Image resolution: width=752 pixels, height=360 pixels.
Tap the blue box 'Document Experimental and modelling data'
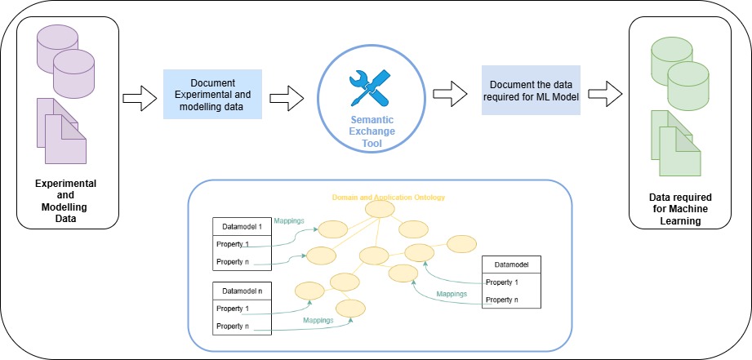[x=212, y=94]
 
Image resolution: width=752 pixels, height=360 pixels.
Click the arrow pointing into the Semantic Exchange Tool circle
[x=287, y=99]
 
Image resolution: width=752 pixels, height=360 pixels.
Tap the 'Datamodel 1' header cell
[x=237, y=225]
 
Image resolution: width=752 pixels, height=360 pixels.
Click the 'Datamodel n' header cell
[x=237, y=290]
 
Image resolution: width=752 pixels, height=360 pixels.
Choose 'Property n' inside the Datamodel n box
[x=232, y=327]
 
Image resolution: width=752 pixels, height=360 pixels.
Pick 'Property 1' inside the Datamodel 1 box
[x=232, y=244]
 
